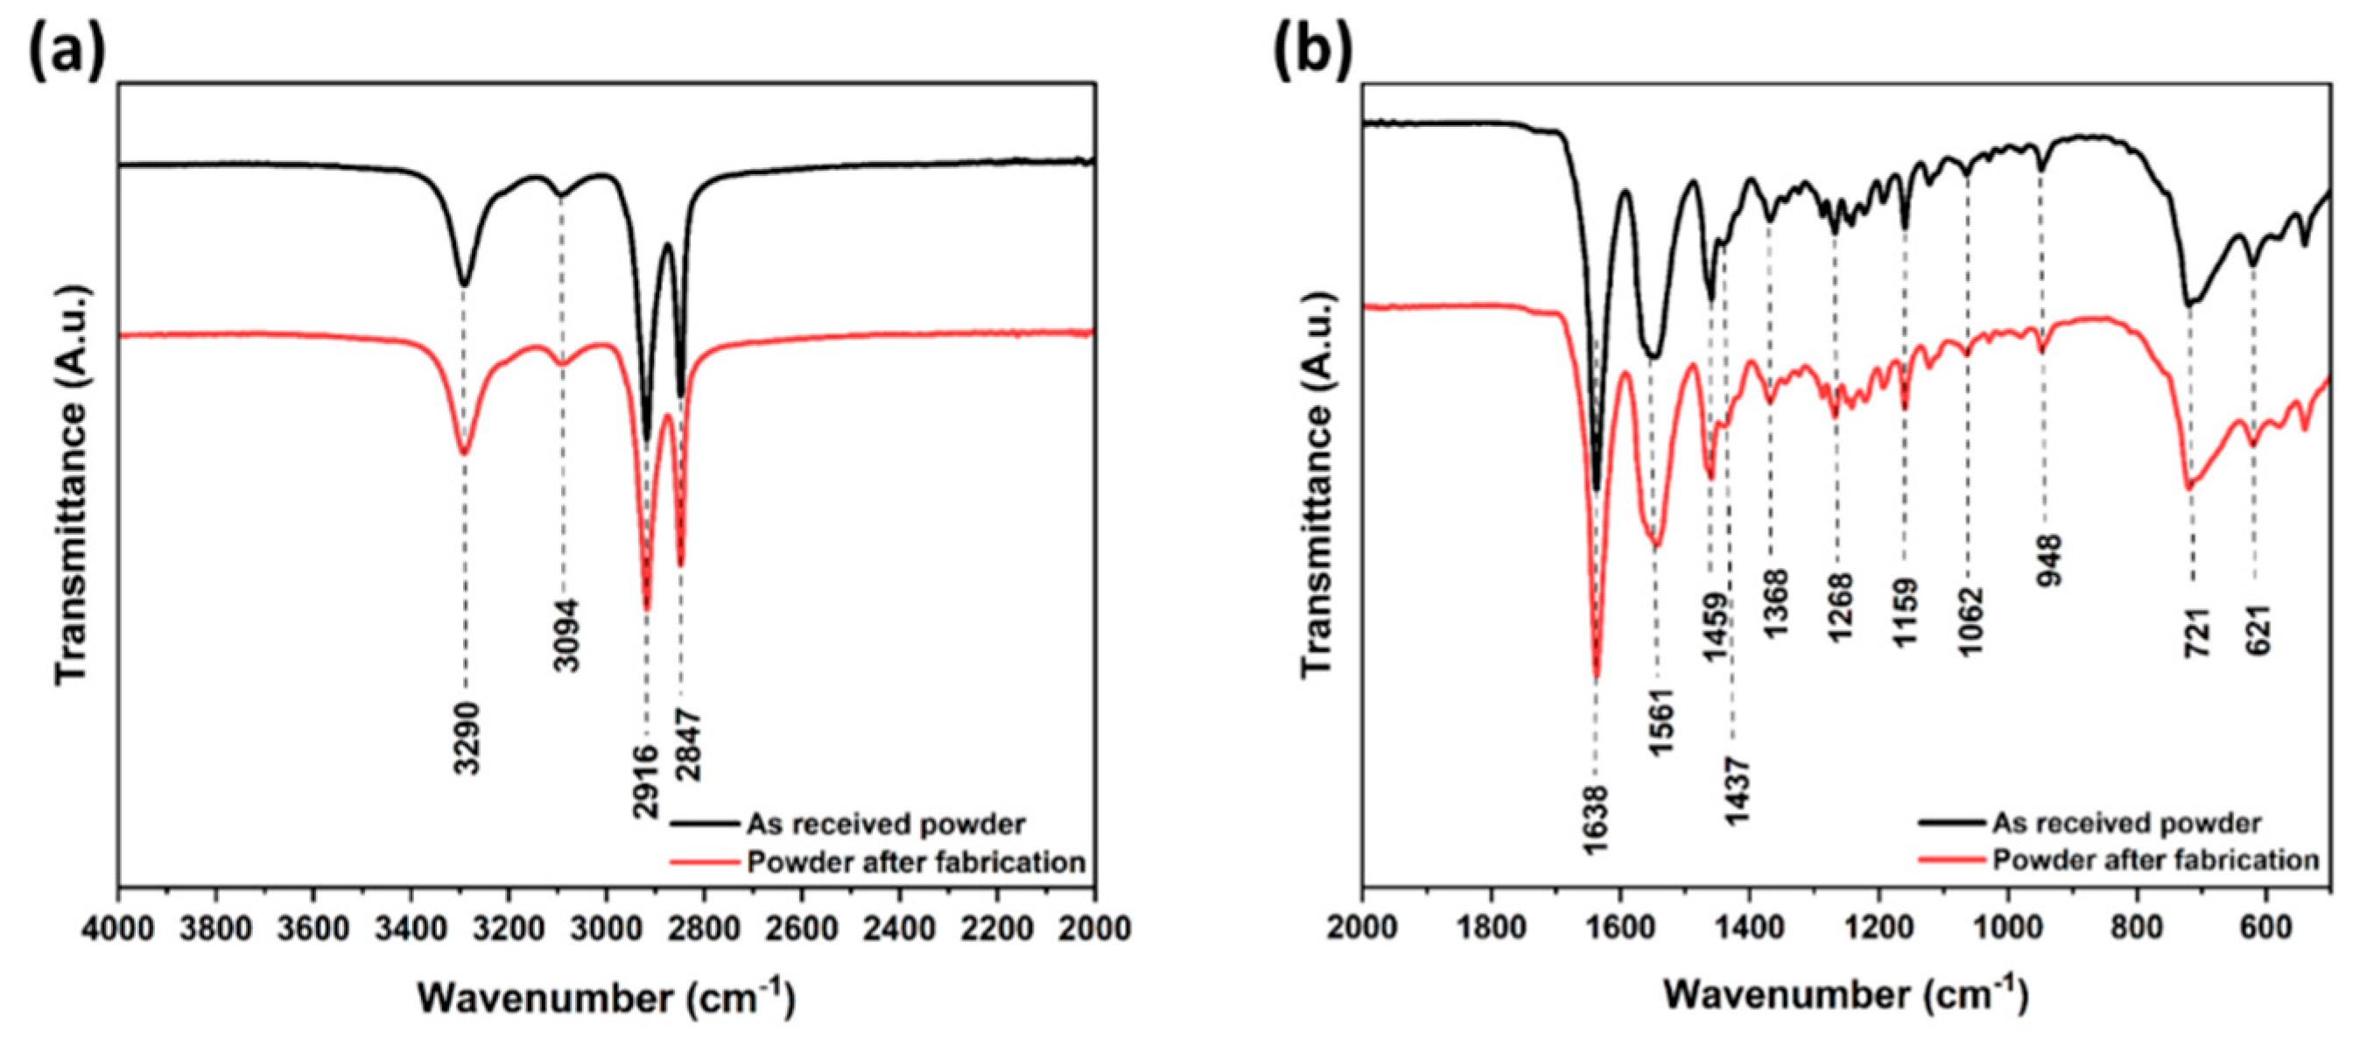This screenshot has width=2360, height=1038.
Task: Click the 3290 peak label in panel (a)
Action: [x=467, y=738]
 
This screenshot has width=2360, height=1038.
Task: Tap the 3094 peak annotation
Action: [x=568, y=635]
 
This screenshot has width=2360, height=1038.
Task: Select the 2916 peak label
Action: [x=645, y=782]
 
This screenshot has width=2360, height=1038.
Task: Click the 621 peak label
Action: [x=2258, y=631]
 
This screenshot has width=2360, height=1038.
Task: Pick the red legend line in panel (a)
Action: [x=705, y=862]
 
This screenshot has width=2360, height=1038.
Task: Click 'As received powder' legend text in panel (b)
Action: [x=2126, y=823]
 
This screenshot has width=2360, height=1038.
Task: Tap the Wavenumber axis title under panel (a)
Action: [x=607, y=996]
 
